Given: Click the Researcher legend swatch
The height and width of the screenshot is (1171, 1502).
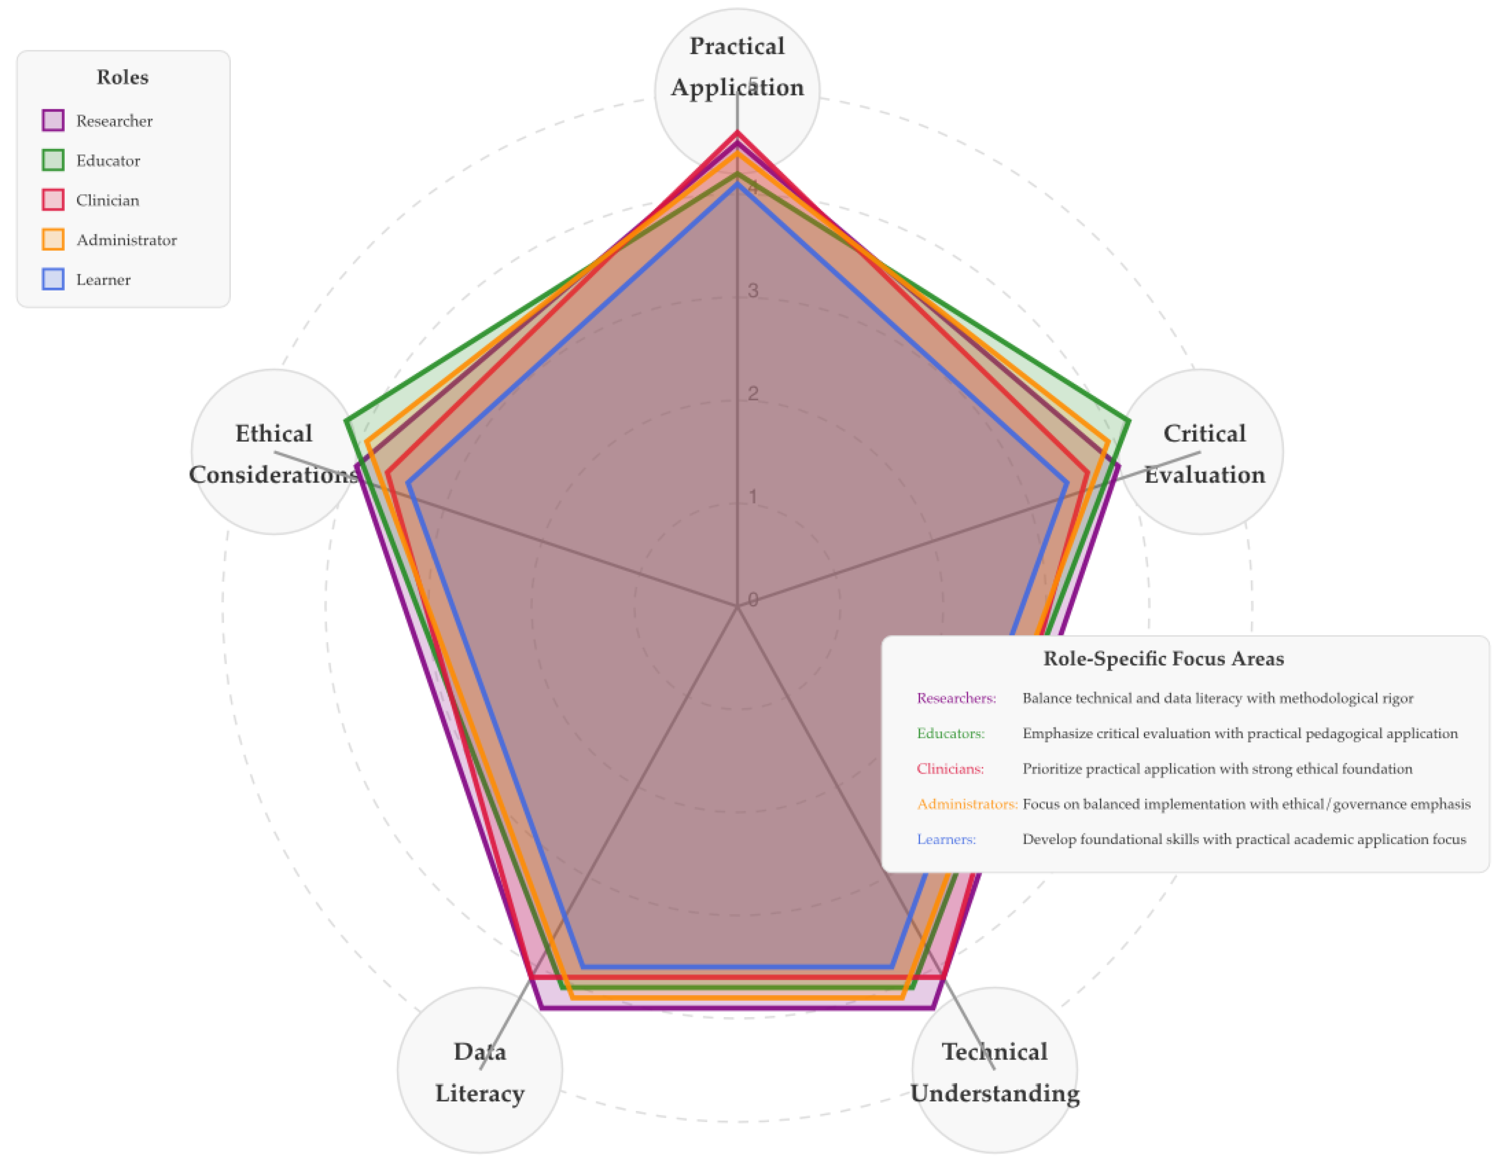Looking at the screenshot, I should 53,120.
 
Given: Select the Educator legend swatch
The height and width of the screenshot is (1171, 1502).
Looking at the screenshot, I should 53,160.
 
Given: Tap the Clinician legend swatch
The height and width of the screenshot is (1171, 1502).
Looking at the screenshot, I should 53,200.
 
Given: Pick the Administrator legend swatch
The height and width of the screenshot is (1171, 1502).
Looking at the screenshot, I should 53,239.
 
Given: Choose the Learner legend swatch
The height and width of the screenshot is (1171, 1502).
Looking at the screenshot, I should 53,279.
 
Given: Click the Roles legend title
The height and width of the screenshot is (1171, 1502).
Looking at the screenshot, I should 122,77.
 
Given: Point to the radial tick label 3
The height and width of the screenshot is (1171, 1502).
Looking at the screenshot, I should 753,291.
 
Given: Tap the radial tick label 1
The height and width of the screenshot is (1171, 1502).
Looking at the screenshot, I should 753,497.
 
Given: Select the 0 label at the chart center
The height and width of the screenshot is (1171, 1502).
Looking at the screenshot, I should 753,600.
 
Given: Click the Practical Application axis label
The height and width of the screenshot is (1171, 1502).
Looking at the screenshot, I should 737,67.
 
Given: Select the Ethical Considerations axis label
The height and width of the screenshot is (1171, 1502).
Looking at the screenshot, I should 274,454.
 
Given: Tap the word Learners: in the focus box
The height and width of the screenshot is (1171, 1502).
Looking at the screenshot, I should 946,840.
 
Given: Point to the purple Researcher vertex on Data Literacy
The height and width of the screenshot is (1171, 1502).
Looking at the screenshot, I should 543,1009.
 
